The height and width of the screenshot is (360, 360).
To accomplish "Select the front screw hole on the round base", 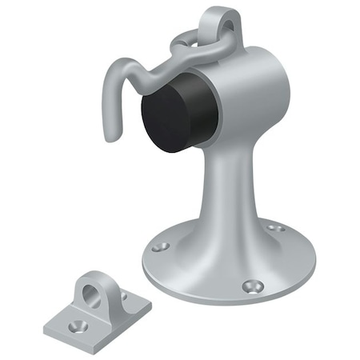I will (x=254, y=285).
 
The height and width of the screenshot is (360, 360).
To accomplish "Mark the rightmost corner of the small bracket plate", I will (x=150, y=304).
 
